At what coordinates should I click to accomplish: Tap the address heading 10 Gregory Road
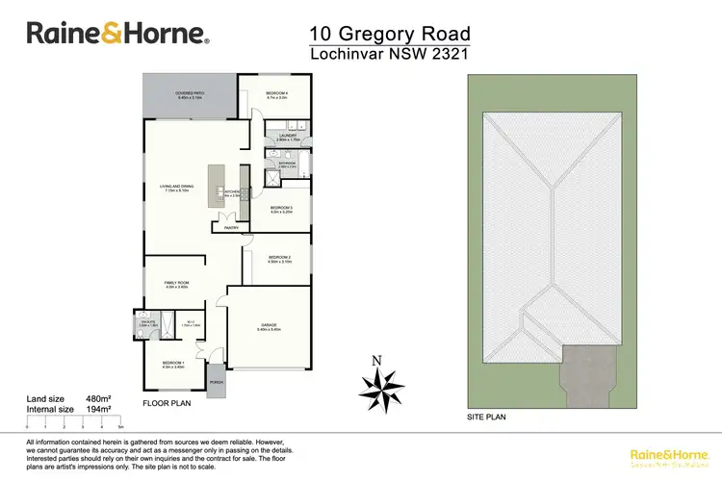(389, 35)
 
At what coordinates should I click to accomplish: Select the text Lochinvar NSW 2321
(389, 55)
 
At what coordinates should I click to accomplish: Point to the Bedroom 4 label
(276, 93)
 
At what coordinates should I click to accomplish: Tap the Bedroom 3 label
(280, 209)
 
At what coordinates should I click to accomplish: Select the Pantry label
(231, 228)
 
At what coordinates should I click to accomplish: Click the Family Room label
(176, 284)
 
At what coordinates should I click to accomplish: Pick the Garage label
(270, 326)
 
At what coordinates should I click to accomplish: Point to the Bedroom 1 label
(173, 364)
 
